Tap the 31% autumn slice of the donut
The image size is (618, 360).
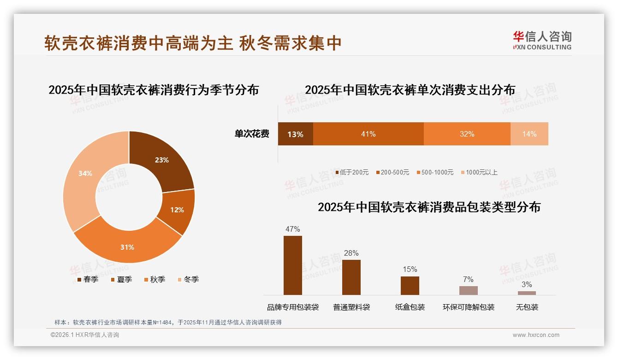tap(127, 245)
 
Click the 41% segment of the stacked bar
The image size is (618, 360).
tap(368, 134)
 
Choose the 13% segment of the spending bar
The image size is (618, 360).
tap(295, 134)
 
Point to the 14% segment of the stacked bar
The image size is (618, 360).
tap(529, 134)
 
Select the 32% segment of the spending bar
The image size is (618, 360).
tap(467, 134)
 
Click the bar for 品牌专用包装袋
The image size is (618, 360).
tap(292, 265)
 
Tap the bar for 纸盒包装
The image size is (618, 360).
tap(410, 285)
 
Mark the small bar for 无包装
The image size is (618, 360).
tap(527, 293)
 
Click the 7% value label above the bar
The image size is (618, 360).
tap(468, 279)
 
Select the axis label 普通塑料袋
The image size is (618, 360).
tap(351, 307)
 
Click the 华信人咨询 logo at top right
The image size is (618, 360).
tap(542, 40)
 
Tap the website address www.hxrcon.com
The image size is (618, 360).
tap(536, 335)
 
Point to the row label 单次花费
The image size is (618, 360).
tap(252, 134)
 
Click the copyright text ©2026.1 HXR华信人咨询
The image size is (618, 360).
tap(85, 335)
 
